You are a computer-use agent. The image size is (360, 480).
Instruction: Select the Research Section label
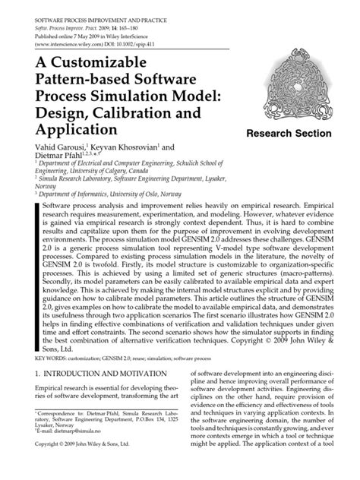click(290, 133)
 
